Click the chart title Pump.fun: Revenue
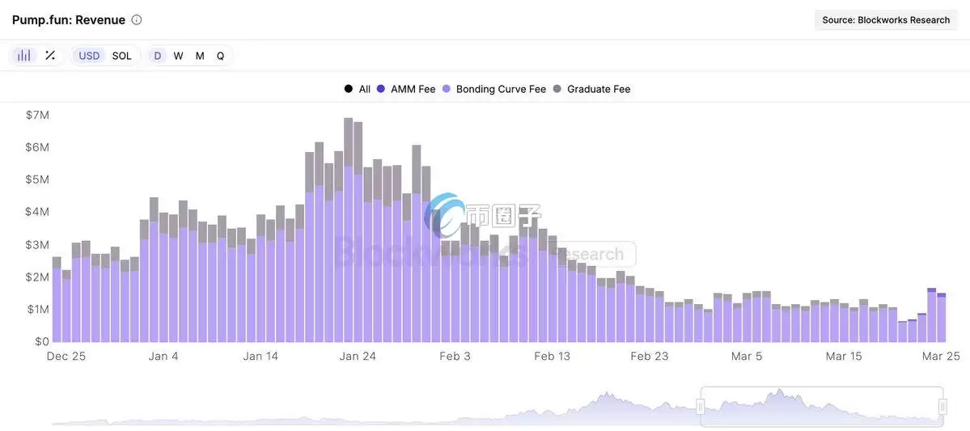coord(69,19)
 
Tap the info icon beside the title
coord(137,19)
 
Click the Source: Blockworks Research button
coord(886,20)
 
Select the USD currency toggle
coord(89,56)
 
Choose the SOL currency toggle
coord(121,56)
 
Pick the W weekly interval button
coord(178,56)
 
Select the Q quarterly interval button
coord(220,56)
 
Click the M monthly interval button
coord(200,56)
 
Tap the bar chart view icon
coord(24,56)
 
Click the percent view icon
coord(50,56)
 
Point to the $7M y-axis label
coord(37,115)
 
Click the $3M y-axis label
coord(37,244)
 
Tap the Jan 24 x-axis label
coord(358,356)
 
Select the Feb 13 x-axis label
coord(553,356)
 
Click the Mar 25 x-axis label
coord(942,356)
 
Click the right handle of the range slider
coord(942,407)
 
